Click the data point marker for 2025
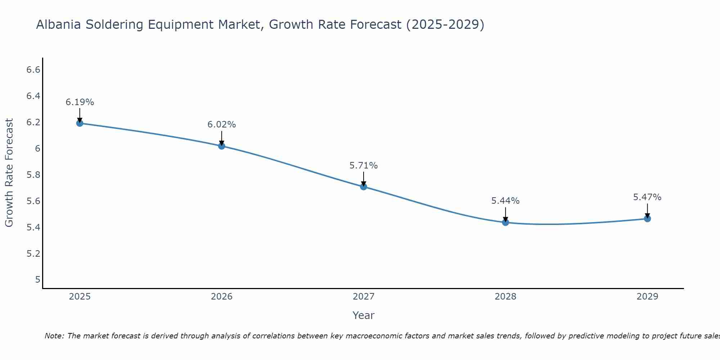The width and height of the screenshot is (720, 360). click(80, 123)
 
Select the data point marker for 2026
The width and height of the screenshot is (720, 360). click(221, 146)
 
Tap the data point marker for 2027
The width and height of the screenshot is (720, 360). click(363, 186)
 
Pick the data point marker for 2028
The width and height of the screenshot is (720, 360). click(505, 222)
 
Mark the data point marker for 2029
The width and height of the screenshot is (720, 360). click(647, 219)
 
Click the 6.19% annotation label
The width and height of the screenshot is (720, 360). click(80, 102)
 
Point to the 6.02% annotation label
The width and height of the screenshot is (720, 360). click(221, 125)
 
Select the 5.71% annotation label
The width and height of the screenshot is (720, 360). click(363, 166)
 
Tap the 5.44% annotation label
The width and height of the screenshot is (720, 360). click(505, 201)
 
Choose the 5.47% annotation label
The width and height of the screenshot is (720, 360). click(647, 197)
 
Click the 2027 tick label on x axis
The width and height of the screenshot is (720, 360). click(363, 297)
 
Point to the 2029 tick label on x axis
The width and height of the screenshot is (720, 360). click(647, 297)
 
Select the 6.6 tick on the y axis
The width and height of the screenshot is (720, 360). click(33, 70)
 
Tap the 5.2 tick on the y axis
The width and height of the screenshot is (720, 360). click(33, 254)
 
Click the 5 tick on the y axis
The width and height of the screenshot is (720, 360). click(37, 280)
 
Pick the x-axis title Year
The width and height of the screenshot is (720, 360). click(363, 315)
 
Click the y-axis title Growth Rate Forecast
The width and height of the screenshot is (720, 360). click(9, 173)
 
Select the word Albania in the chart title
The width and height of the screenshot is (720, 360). click(59, 25)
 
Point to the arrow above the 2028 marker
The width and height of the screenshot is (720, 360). click(505, 215)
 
